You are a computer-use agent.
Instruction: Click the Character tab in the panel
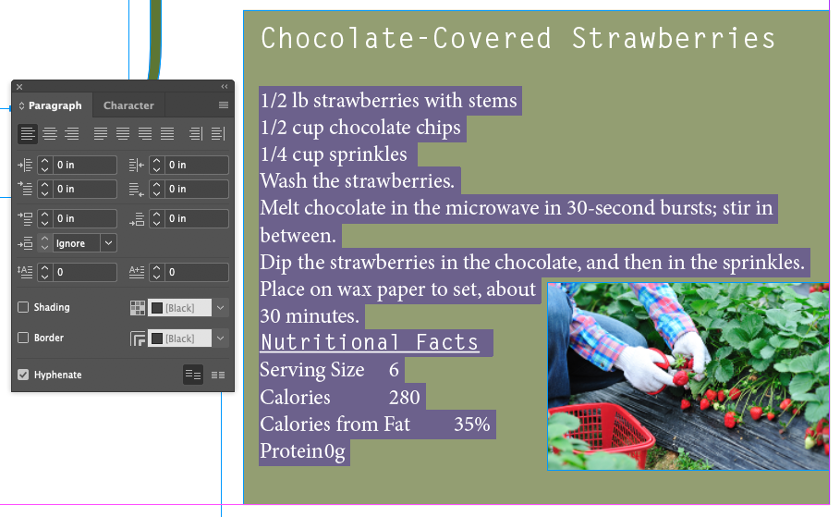coord(128,105)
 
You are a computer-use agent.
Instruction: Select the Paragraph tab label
coord(55,105)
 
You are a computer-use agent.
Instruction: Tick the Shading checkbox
coord(23,307)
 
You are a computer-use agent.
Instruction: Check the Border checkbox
coord(23,338)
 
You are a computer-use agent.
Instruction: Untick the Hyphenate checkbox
coord(23,375)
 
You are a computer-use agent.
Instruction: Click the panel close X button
coord(19,86)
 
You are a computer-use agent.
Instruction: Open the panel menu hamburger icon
coord(224,105)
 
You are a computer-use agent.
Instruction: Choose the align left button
coord(28,133)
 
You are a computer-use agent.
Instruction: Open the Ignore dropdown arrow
coord(108,243)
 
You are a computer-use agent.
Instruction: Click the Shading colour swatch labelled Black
coord(179,308)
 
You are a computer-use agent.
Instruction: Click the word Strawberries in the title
coord(674,39)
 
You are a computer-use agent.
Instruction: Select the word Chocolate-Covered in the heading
coord(406,39)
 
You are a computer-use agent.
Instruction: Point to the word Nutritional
coord(330,343)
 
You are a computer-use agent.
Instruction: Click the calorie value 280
coord(405,398)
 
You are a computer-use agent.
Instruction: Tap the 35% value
coord(472,425)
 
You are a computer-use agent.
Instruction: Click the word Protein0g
coord(303,451)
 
